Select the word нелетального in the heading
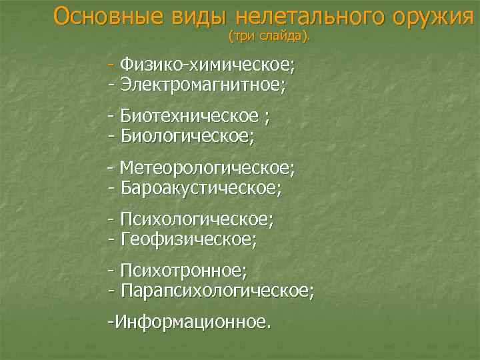point(306,15)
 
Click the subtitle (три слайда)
point(269,35)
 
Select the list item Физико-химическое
point(207,65)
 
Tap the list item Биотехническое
point(189,117)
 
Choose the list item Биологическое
point(187,136)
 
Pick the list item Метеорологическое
point(207,167)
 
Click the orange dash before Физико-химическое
point(111,65)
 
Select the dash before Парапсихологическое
point(111,289)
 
